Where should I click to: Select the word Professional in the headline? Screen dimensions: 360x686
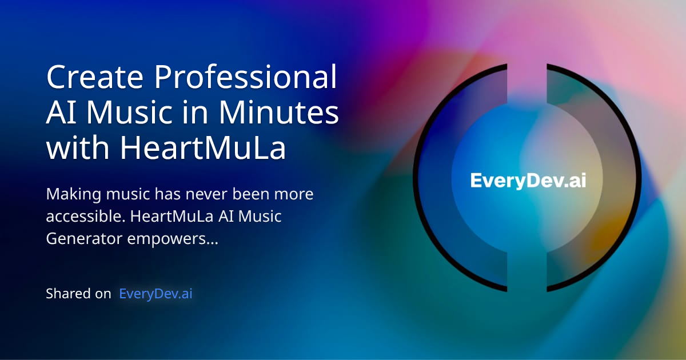(246, 78)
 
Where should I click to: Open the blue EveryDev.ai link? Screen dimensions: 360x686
(155, 294)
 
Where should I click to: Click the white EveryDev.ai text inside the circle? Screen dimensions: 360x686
(528, 181)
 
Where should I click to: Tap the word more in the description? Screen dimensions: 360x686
(294, 195)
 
